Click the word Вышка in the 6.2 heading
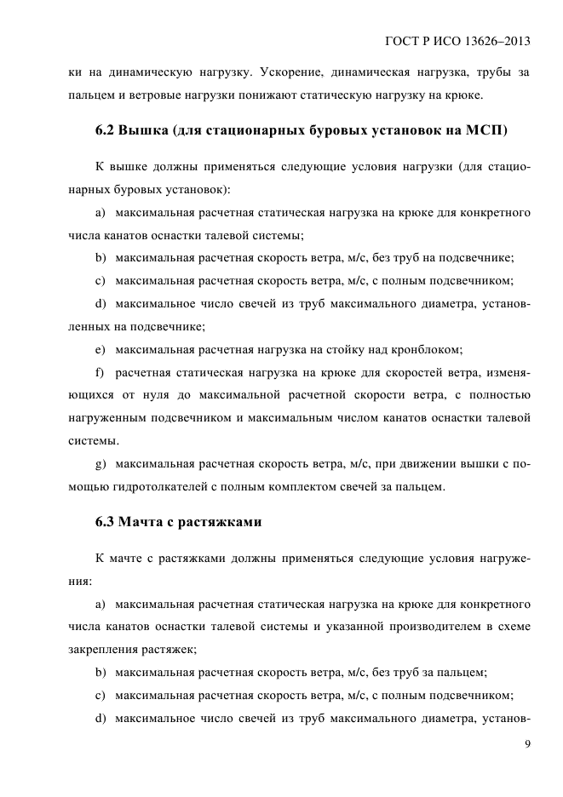pos(146,130)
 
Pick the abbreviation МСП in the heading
pos(485,130)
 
